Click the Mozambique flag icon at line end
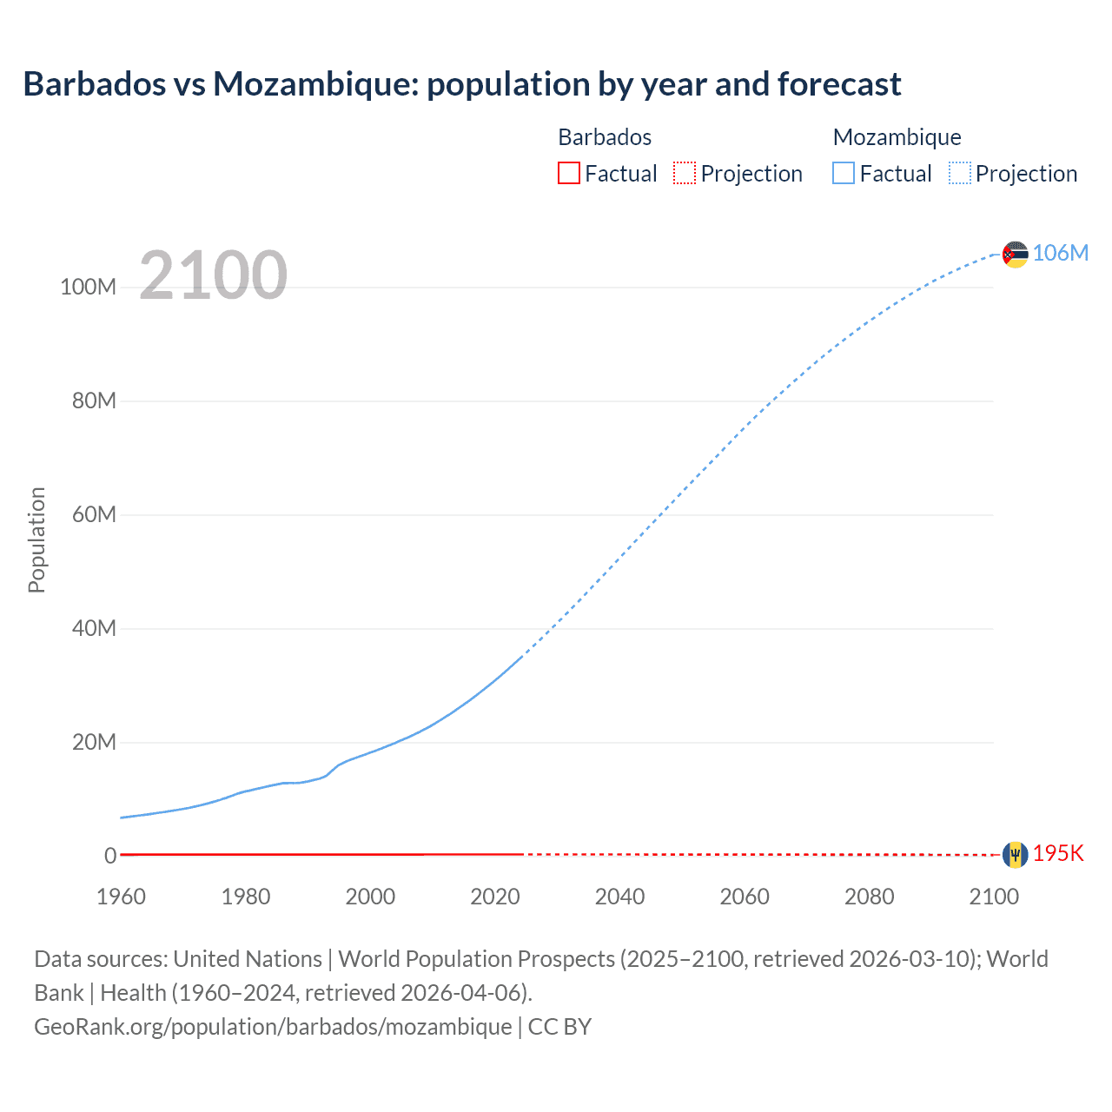(1015, 254)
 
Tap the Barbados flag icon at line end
(1015, 855)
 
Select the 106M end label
(1061, 253)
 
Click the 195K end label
(1058, 853)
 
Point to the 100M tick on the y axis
(88, 288)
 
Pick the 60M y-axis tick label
(94, 514)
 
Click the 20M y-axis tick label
(94, 742)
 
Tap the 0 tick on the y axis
(110, 856)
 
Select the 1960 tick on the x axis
(121, 897)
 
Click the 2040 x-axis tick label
(619, 897)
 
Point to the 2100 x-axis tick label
(994, 897)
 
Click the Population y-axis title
(36, 539)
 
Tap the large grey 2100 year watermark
(213, 275)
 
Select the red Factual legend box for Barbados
(569, 174)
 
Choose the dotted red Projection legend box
(685, 174)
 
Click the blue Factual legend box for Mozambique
(844, 174)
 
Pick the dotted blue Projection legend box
(959, 174)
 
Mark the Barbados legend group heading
(605, 137)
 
